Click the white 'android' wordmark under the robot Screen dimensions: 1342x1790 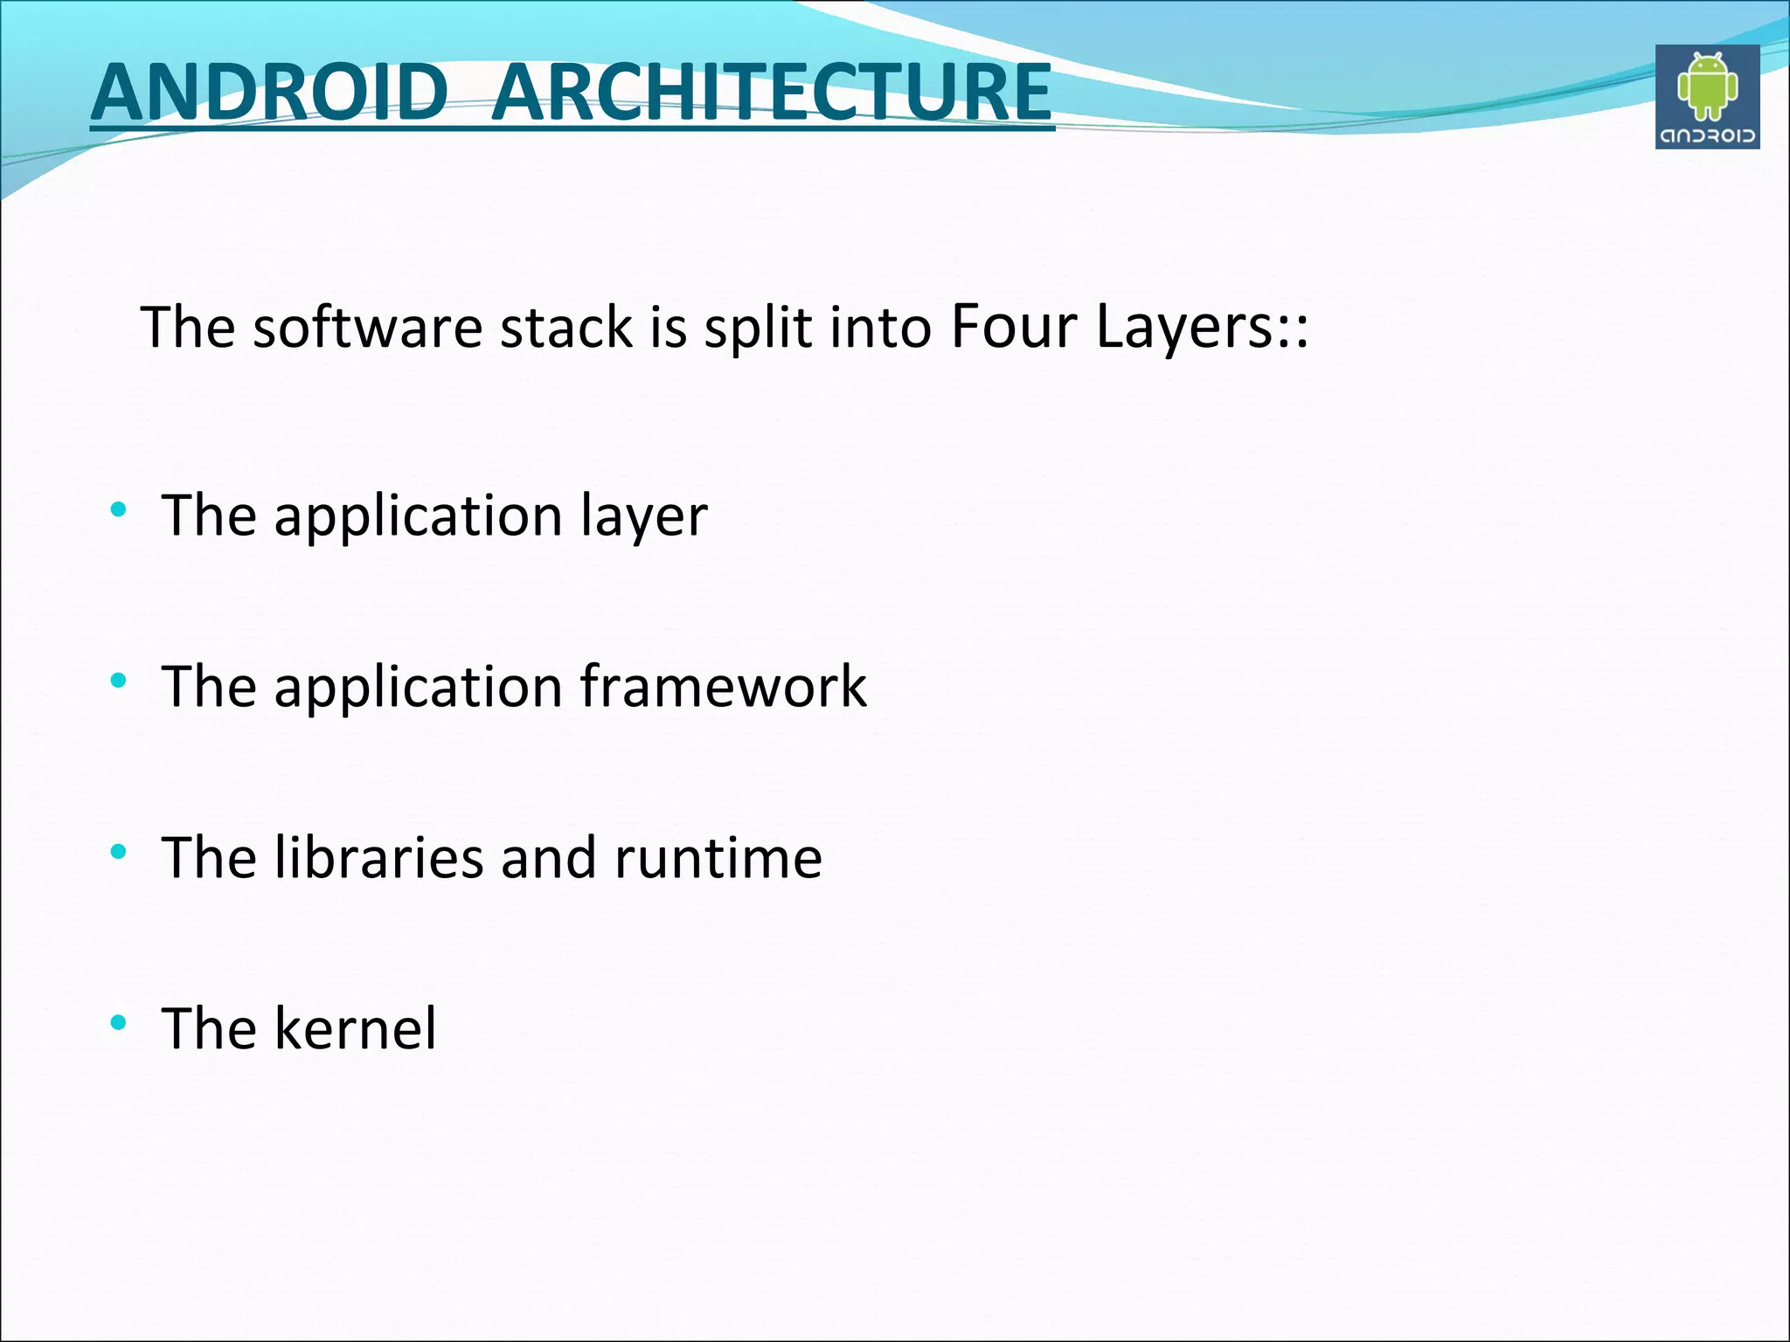point(1707,135)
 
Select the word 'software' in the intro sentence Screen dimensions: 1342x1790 point(367,328)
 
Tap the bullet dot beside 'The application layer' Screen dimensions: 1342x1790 point(119,508)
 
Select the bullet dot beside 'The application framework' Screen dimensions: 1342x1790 point(119,680)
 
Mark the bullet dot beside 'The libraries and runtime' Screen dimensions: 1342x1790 point(119,851)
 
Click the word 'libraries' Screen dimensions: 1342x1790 point(378,857)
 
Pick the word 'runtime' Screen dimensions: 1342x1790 point(718,859)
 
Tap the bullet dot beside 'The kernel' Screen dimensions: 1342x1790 point(119,1021)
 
